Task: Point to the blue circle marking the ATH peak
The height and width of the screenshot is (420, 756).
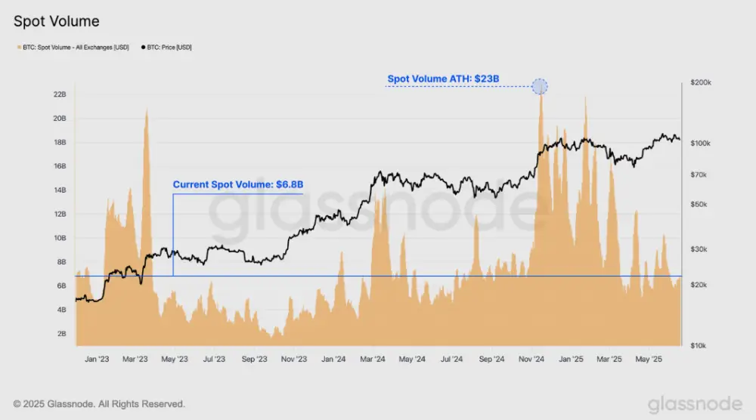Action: tap(540, 86)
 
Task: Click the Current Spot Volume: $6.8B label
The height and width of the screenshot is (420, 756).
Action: tap(237, 184)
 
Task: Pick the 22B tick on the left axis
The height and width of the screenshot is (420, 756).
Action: tap(60, 94)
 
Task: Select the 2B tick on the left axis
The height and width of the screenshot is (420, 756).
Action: tap(61, 334)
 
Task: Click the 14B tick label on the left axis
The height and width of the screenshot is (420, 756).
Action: tap(60, 190)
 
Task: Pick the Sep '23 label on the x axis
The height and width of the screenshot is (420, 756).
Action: tap(255, 360)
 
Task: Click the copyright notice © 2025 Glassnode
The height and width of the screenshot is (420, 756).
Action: tap(99, 404)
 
